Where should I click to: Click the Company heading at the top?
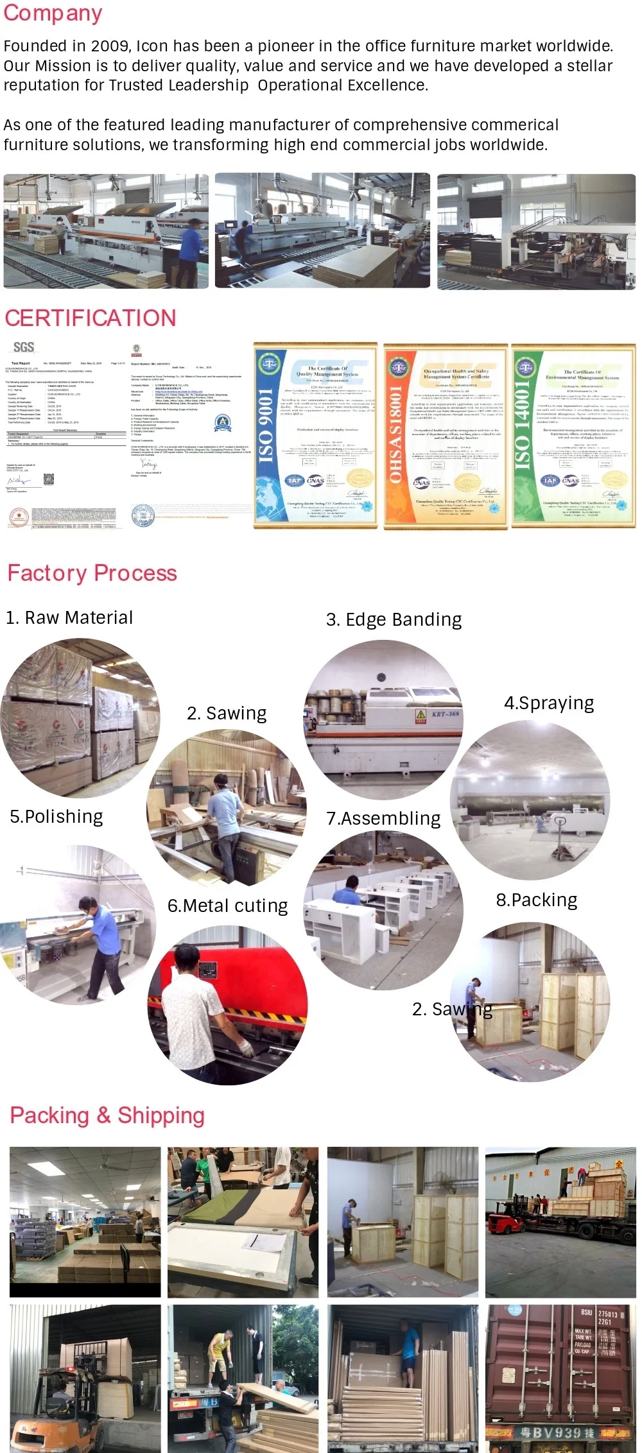click(53, 13)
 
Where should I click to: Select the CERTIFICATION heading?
click(91, 318)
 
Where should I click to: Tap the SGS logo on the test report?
click(24, 347)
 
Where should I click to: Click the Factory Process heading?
click(92, 573)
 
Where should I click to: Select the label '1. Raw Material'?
click(69, 617)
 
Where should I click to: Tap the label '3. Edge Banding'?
click(394, 619)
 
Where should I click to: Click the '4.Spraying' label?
click(549, 703)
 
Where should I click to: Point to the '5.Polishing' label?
click(56, 816)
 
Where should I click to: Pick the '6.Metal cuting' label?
click(227, 906)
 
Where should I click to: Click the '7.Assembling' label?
click(383, 818)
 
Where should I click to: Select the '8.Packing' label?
click(537, 900)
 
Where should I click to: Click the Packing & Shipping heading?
click(107, 1115)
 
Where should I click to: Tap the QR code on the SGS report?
click(48, 479)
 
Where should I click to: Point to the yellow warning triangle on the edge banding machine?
click(421, 715)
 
